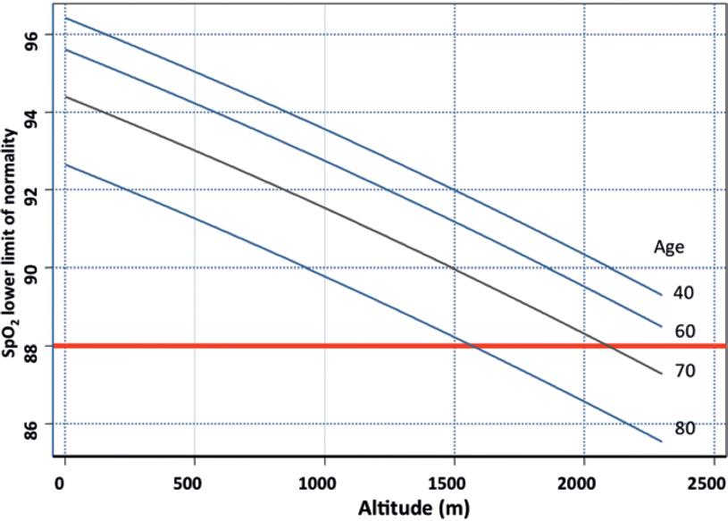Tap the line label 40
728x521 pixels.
click(683, 292)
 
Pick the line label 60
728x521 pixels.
click(683, 331)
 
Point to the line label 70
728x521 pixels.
click(683, 369)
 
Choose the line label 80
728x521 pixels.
click(683, 428)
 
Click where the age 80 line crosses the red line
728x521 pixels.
click(473, 346)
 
